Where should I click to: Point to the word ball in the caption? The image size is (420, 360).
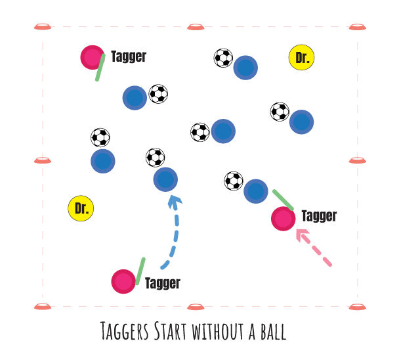tap(272, 330)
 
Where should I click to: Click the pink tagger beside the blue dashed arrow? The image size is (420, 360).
tap(123, 281)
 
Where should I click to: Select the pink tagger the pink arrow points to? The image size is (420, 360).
tap(283, 219)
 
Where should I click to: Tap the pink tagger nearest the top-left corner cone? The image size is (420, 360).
tap(92, 56)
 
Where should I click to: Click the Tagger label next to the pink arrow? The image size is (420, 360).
tap(319, 215)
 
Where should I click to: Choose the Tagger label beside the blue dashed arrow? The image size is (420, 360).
tap(162, 283)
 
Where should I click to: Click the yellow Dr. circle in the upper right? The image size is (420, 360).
tap(301, 58)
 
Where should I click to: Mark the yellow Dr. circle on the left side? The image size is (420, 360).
tap(81, 209)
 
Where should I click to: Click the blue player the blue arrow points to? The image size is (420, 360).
tap(165, 179)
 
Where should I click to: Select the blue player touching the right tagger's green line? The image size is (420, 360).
tap(255, 191)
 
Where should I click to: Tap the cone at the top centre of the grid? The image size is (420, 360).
tap(195, 27)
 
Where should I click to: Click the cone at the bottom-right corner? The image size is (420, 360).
tap(357, 306)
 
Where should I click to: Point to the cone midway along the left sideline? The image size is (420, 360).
tap(42, 160)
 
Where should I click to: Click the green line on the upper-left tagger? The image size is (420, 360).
tap(100, 68)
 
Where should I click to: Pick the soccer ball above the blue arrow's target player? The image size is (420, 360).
tap(155, 158)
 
